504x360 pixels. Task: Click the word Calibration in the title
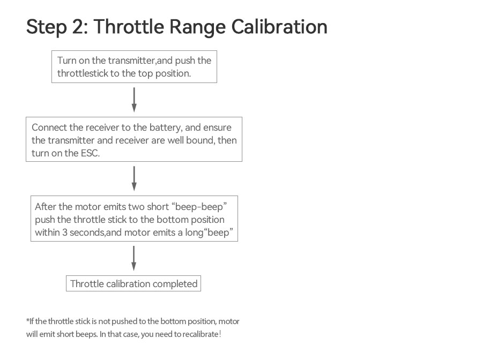279,26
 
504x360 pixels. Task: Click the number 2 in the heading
77,26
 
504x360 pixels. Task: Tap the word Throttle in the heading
129,26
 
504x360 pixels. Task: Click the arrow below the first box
134,100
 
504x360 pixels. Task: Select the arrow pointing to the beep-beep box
134,178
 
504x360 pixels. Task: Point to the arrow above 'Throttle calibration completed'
134,258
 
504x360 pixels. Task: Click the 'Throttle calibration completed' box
134,283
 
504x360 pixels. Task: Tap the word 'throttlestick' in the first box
83,73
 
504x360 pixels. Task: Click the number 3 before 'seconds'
64,232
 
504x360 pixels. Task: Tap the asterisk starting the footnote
27,320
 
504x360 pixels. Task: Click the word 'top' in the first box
145,74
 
